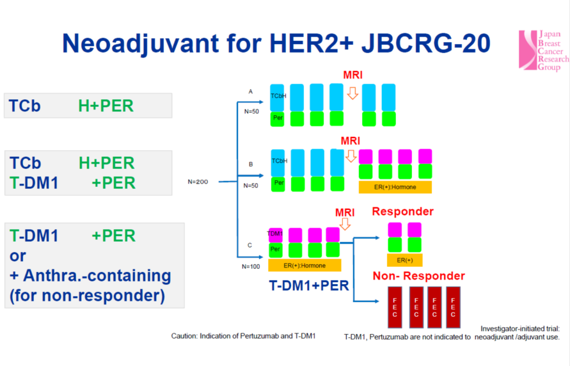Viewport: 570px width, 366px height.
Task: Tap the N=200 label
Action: [199, 182]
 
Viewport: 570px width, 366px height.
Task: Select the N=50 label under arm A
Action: [250, 111]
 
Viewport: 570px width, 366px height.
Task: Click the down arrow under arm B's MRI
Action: [351, 155]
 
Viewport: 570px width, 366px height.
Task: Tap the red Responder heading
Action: [402, 211]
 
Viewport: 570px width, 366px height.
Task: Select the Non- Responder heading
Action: [418, 276]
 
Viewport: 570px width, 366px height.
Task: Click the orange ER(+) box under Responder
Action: [404, 260]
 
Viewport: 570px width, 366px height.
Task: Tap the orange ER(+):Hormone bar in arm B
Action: [395, 187]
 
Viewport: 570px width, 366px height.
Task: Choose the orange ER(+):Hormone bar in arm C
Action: [304, 265]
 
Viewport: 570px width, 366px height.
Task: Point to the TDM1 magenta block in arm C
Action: [276, 234]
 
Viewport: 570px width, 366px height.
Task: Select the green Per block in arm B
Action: [279, 183]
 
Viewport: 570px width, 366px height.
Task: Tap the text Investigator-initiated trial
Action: [519, 328]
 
